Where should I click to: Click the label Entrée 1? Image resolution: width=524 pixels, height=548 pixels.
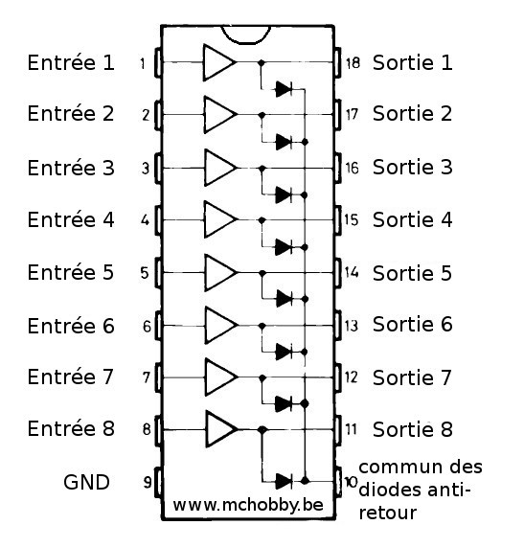[71, 62]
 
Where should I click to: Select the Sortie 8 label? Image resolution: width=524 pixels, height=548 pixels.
[413, 429]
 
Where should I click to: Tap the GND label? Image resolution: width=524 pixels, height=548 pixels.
[86, 482]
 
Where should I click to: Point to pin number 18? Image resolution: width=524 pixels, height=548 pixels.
[353, 63]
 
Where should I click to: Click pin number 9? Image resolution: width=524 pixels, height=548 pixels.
[148, 482]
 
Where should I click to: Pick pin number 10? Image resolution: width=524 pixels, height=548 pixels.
[352, 482]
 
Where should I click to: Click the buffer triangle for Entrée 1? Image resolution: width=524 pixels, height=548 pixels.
[219, 63]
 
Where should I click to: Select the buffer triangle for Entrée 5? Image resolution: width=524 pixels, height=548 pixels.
[220, 273]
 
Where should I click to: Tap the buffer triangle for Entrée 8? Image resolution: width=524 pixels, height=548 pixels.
[222, 429]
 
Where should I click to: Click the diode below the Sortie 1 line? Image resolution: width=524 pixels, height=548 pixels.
[284, 89]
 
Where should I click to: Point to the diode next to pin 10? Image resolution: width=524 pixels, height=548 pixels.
[284, 481]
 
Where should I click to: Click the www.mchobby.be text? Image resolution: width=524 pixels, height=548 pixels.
[248, 505]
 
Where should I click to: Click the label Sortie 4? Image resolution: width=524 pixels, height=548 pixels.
[413, 219]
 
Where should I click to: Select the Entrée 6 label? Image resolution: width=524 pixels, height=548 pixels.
[71, 326]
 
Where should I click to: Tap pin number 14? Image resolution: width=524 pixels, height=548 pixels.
[352, 272]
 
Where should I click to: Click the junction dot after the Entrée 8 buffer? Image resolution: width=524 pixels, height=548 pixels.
[262, 429]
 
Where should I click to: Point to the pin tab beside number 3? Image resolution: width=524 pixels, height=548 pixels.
[158, 169]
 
